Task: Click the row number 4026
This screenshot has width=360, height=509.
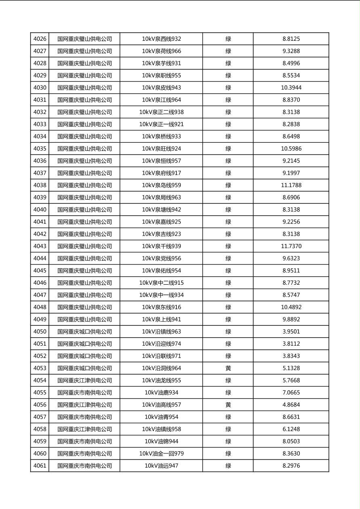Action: [40, 39]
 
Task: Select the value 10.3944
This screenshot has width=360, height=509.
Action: [291, 88]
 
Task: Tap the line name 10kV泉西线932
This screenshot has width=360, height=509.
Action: [161, 39]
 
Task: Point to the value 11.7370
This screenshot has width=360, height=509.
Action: [291, 246]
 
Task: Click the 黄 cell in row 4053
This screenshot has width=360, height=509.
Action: [228, 368]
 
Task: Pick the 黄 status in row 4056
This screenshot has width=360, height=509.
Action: [228, 405]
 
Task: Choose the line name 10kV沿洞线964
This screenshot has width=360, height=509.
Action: [161, 368]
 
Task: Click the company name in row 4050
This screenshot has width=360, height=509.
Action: [84, 332]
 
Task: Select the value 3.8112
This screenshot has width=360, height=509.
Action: [291, 344]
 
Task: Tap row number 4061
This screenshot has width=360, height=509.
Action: [40, 466]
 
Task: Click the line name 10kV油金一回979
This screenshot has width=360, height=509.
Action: [161, 454]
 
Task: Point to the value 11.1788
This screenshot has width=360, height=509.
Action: [291, 186]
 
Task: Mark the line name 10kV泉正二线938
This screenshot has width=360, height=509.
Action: [161, 112]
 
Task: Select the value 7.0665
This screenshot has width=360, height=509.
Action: [291, 393]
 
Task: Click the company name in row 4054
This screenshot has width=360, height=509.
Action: [84, 380]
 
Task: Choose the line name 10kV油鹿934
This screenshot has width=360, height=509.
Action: [161, 393]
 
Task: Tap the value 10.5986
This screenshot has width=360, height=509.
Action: [291, 149]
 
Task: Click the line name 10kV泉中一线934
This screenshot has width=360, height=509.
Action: [161, 295]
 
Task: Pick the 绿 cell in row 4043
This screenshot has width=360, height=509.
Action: [228, 246]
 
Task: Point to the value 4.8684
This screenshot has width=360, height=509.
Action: [291, 405]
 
